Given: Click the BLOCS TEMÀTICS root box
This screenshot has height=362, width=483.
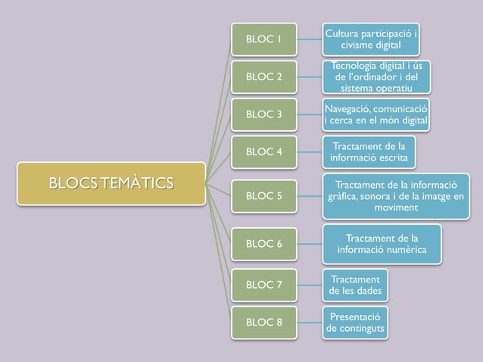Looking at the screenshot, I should (x=111, y=183).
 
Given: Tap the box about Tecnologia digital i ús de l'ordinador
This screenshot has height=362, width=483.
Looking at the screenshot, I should (x=376, y=78).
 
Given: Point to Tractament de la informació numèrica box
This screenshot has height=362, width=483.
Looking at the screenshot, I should (x=382, y=243).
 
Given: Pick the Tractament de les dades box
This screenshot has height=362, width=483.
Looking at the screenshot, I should (x=355, y=285).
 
